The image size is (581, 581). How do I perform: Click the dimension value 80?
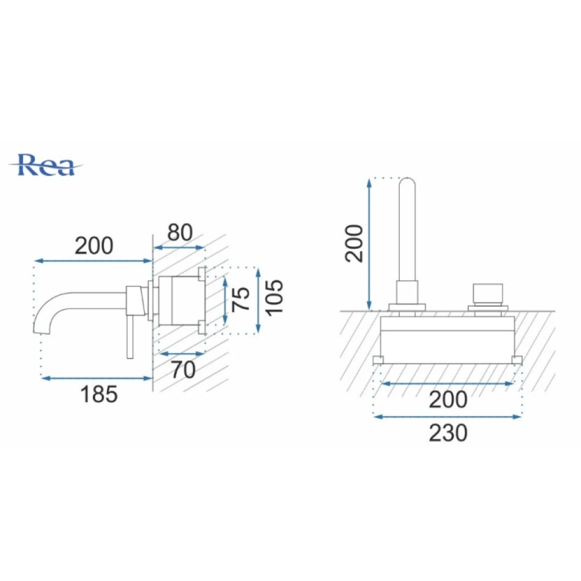point(180,233)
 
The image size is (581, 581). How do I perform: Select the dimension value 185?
point(99,394)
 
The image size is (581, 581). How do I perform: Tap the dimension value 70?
point(184,370)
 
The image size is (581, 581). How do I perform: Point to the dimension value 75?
point(241,299)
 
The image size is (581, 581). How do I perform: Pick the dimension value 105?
point(275,298)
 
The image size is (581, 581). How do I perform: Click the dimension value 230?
point(448,433)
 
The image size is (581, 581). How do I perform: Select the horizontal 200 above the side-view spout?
point(94,246)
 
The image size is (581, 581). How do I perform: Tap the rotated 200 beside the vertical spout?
point(353,243)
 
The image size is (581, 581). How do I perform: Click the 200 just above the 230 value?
point(448,400)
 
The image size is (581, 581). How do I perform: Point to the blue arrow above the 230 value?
point(448,417)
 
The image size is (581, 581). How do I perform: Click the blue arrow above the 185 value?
point(97,378)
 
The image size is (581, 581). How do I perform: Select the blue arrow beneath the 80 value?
point(179,248)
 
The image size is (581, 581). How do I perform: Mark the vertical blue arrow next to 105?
point(259,300)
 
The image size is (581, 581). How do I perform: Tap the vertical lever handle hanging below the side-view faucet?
point(130,337)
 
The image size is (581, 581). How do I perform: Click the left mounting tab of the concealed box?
point(378,360)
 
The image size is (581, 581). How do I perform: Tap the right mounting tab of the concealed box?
point(517,360)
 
